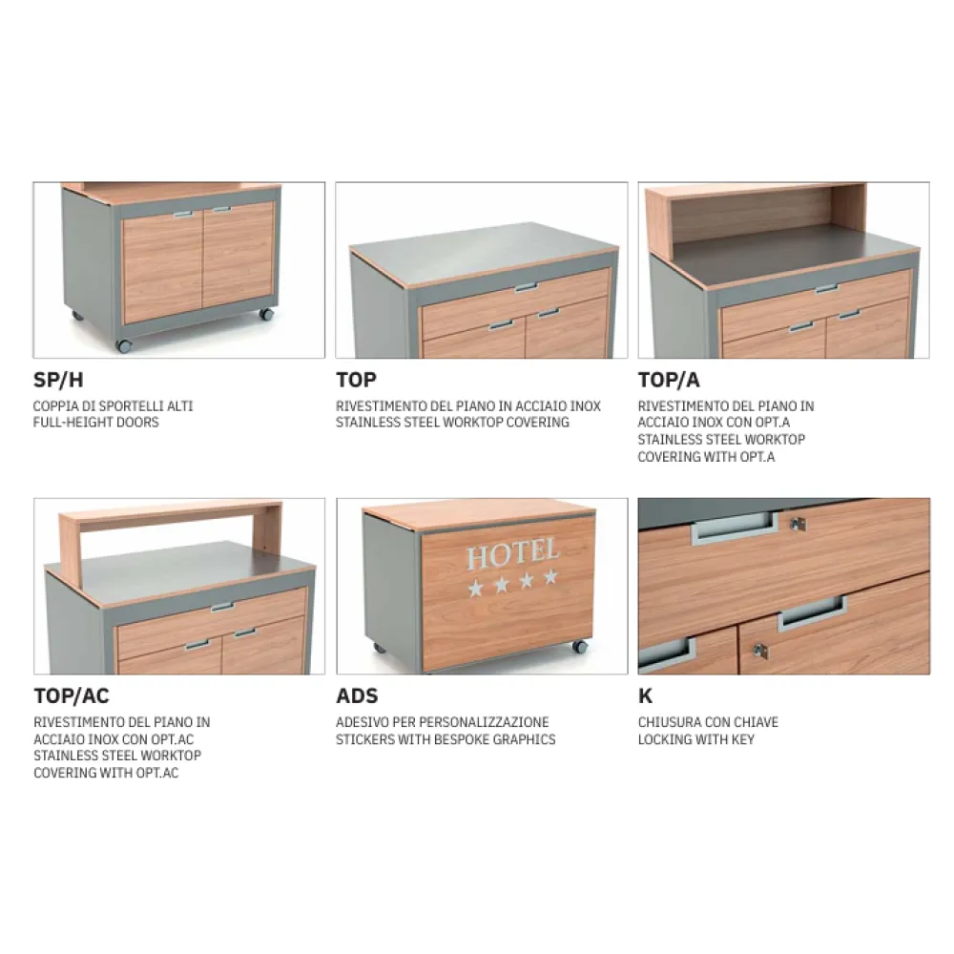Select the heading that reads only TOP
(356, 381)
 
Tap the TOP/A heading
(669, 381)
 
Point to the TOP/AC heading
(71, 696)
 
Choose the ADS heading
(357, 696)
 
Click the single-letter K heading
(646, 696)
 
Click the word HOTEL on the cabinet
(511, 553)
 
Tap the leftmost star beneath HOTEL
(476, 588)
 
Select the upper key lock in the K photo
(798, 524)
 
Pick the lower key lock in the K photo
(759, 650)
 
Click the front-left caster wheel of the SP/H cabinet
(124, 345)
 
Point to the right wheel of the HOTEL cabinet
(579, 646)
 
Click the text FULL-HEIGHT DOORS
(96, 422)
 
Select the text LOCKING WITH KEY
(695, 738)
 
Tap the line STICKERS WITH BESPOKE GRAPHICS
(446, 738)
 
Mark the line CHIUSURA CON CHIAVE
(708, 722)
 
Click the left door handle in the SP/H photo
(183, 215)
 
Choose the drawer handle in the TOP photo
(526, 287)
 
